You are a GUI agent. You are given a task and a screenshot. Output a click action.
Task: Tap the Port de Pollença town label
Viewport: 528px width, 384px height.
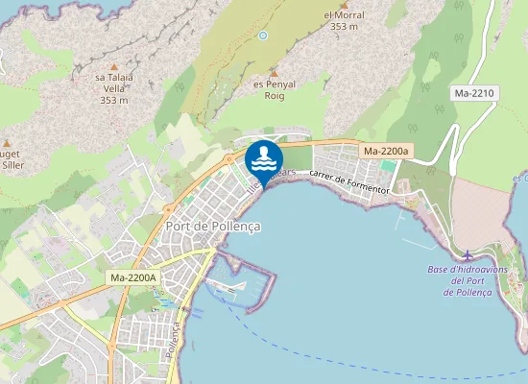click(213, 226)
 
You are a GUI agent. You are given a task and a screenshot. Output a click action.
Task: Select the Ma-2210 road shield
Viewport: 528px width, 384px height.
click(474, 93)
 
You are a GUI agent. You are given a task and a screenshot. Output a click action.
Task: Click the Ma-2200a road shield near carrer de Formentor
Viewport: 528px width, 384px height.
click(386, 152)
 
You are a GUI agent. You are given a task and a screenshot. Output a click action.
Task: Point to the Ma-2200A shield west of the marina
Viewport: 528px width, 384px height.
click(133, 277)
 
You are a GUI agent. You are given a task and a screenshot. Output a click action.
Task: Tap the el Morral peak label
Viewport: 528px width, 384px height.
click(344, 14)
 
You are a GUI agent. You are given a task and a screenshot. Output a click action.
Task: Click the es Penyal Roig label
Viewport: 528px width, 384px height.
click(272, 89)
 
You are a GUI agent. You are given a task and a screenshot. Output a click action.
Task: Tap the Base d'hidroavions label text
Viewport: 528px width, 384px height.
click(467, 270)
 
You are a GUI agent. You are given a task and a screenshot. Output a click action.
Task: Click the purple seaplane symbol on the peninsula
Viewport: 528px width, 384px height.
click(467, 255)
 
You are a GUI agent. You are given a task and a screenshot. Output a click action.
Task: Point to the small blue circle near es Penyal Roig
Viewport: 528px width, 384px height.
click(263, 36)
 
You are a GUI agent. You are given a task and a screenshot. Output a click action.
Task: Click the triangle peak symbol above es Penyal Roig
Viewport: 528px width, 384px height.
click(274, 72)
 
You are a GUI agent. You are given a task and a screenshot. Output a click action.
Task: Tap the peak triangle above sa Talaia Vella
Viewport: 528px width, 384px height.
click(114, 63)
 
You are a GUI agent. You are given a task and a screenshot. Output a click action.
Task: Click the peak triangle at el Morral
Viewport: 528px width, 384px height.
click(344, 3)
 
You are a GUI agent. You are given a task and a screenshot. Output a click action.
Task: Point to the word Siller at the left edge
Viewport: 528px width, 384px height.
click(13, 164)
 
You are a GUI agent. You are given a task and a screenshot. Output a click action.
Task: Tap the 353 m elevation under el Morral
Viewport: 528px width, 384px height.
click(344, 27)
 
